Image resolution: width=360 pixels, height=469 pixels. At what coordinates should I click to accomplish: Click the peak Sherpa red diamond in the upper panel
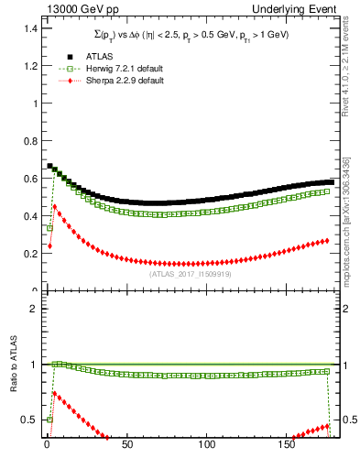pyautogui.click(x=55, y=206)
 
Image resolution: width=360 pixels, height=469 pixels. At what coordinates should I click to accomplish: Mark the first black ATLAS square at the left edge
pyautogui.click(x=50, y=166)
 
